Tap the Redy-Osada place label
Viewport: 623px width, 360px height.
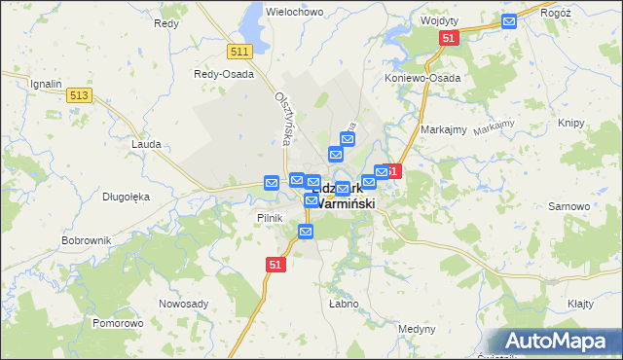click(x=224, y=74)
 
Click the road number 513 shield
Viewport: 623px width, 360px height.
click(x=80, y=94)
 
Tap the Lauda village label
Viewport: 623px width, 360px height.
click(x=145, y=143)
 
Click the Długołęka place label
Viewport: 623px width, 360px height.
click(x=126, y=197)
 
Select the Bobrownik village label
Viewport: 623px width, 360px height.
click(x=87, y=239)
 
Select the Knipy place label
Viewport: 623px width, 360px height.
click(x=572, y=124)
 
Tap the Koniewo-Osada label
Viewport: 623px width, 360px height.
click(x=421, y=78)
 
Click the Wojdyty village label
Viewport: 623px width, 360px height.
click(x=439, y=20)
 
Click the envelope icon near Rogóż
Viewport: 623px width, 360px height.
click(x=509, y=21)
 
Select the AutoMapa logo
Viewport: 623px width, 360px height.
click(x=556, y=342)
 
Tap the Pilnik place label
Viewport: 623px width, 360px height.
click(x=270, y=218)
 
